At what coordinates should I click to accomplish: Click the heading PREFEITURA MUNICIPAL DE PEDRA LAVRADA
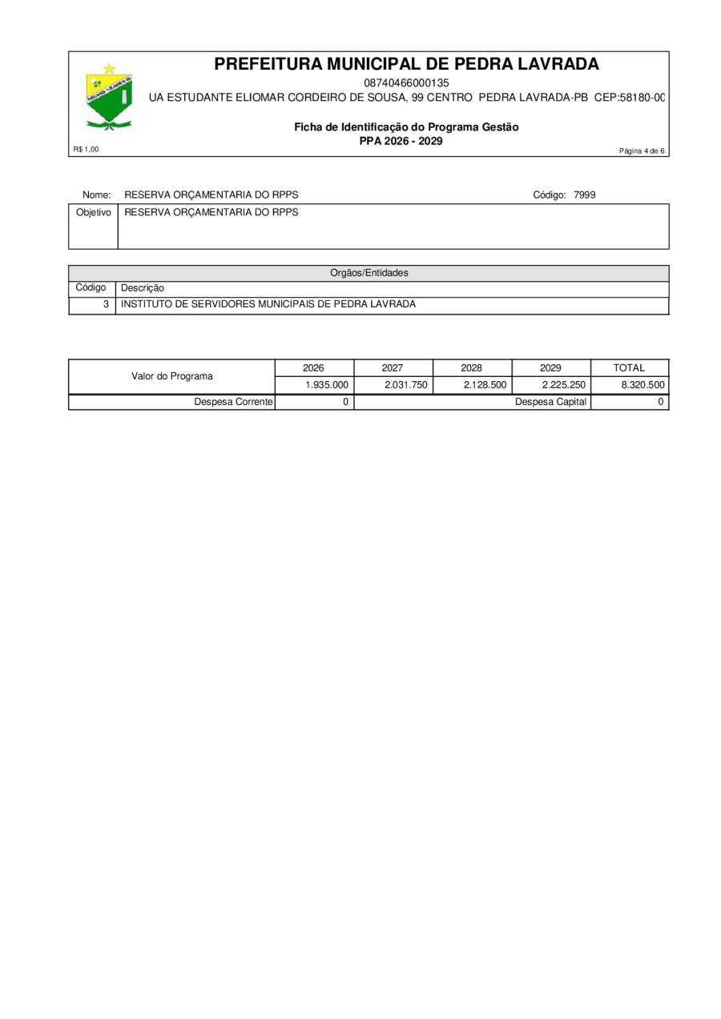406,64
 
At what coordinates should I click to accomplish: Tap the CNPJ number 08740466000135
406,82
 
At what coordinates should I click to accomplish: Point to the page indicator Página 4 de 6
642,151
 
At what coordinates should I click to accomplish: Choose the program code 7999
584,195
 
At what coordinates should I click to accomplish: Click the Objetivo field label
93,213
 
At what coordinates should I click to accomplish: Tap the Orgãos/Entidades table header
369,273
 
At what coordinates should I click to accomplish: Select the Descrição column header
143,288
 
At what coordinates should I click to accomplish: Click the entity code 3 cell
105,304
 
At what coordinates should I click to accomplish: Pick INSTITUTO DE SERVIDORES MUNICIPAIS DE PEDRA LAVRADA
268,304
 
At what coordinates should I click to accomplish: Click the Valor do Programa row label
172,376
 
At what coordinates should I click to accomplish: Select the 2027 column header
393,368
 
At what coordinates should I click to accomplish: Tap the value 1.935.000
327,385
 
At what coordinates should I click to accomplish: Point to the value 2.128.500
485,385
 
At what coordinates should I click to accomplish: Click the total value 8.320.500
642,385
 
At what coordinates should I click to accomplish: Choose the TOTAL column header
629,368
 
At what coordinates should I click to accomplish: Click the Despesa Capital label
550,402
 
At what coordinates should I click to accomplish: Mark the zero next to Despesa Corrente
344,402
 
